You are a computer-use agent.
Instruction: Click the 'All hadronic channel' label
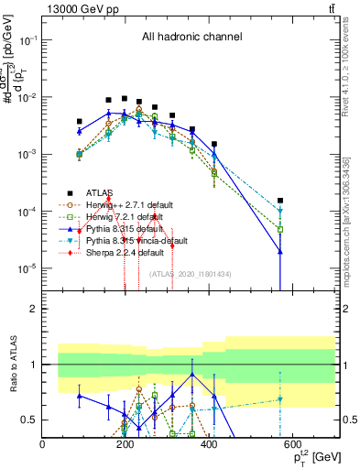click(x=192, y=38)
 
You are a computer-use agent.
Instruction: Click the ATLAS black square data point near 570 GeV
click(x=281, y=201)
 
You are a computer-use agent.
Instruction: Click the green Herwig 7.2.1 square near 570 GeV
click(x=281, y=229)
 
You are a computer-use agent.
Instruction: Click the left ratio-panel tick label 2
click(x=34, y=309)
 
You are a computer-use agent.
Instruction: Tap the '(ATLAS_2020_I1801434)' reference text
click(x=191, y=274)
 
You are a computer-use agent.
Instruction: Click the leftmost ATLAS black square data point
click(x=80, y=121)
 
